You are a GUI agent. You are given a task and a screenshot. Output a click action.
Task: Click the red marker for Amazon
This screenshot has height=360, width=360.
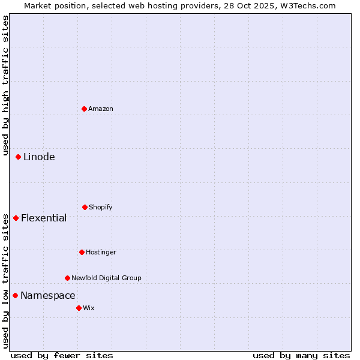click(84, 109)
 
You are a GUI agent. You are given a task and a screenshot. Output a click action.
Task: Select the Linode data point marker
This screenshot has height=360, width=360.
click(18, 157)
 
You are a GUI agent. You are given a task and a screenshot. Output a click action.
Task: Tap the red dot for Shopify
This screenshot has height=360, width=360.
click(85, 207)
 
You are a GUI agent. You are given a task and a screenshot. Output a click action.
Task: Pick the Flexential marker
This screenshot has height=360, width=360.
click(16, 218)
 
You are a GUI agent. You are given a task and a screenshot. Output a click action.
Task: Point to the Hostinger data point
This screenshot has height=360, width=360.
click(82, 252)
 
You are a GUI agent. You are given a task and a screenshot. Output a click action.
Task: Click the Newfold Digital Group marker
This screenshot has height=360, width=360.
click(67, 278)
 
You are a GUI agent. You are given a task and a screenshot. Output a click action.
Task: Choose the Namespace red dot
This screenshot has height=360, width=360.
click(15, 295)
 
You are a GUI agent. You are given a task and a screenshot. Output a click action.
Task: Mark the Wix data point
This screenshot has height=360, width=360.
click(79, 308)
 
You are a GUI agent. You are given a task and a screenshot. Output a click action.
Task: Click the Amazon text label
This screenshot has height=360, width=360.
click(101, 109)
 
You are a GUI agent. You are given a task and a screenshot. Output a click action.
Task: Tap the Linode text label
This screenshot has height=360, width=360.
click(39, 157)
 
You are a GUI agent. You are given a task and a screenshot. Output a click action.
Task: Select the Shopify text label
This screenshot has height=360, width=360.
click(101, 207)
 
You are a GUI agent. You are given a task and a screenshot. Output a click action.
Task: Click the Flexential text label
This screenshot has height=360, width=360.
click(44, 218)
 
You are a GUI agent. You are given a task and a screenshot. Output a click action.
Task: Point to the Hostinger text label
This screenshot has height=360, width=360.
click(101, 252)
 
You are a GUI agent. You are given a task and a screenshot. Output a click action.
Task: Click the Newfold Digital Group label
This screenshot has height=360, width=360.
click(106, 278)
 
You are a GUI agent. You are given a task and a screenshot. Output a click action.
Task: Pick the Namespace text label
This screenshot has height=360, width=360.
click(48, 296)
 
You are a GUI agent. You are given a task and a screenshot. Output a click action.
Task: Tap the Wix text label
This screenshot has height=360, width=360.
click(89, 308)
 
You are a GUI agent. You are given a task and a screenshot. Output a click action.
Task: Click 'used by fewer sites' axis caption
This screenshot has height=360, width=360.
click(62, 355)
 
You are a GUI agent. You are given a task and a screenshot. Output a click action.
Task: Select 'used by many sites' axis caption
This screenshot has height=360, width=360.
click(301, 355)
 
